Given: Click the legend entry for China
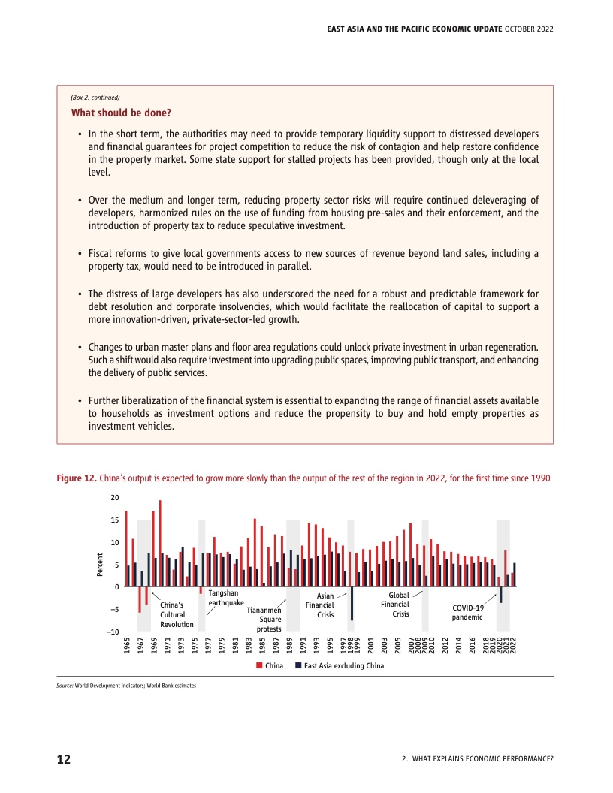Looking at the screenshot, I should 270,666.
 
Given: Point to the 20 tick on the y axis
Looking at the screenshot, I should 114,498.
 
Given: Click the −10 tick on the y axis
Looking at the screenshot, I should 113,632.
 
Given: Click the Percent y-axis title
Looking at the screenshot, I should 99,565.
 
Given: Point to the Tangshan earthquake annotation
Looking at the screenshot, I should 225,598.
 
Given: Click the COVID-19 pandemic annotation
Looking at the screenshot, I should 468,612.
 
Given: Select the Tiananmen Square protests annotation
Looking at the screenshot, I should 264,620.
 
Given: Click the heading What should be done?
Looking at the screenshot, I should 121,113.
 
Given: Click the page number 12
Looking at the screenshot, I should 64,759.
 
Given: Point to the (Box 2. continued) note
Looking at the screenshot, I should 95,98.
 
